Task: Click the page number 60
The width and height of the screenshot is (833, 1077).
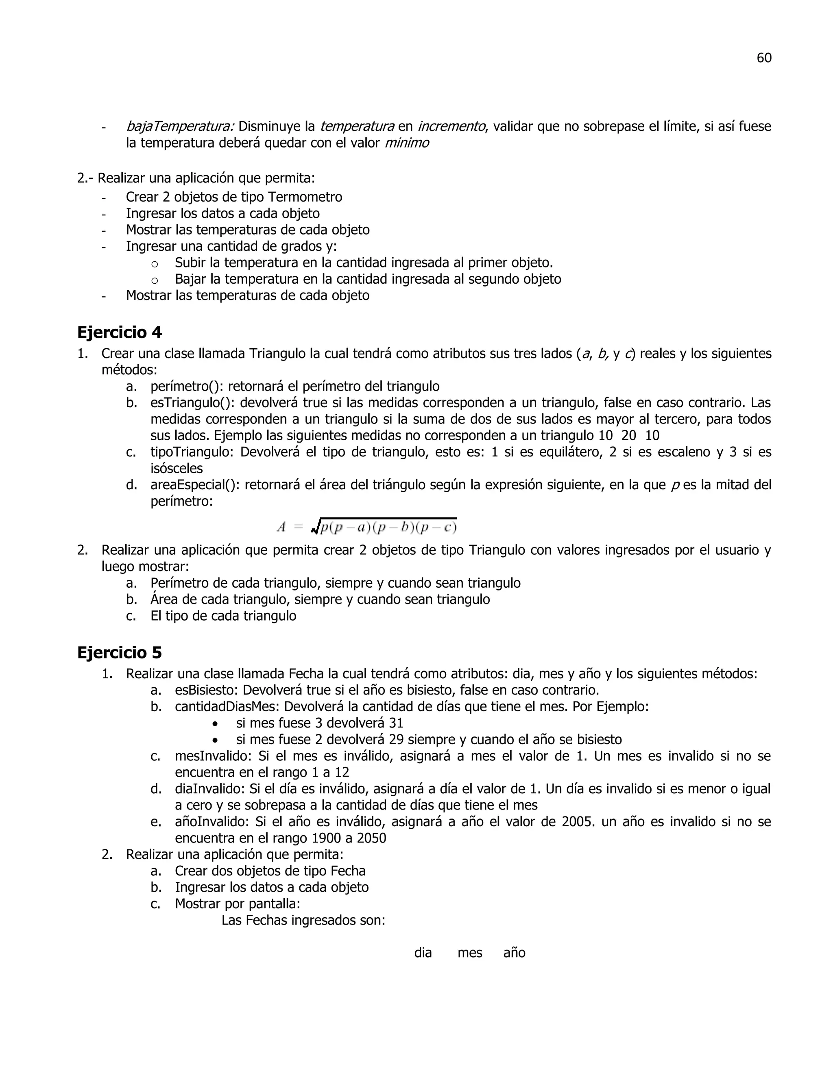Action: pos(763,58)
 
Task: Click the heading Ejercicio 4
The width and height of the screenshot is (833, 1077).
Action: pos(120,332)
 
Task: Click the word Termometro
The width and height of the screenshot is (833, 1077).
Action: pos(305,197)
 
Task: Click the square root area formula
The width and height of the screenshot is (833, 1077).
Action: pos(366,527)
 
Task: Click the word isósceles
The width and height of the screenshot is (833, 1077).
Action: pos(176,469)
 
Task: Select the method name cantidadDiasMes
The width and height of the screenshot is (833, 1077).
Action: pos(226,707)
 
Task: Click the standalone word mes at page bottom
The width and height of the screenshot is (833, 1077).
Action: pos(469,953)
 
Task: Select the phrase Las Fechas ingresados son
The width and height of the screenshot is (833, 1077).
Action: pos(303,920)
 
